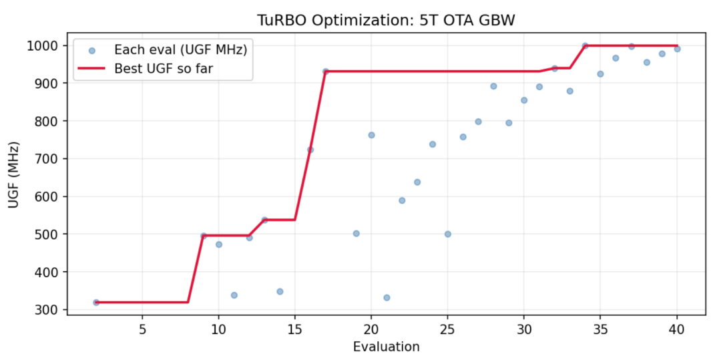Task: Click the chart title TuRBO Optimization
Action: coord(386,21)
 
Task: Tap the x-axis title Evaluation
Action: coord(387,347)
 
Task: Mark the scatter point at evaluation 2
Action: coord(96,303)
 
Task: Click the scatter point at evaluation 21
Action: coord(387,298)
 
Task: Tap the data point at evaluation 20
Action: coord(371,135)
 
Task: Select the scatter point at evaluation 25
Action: coord(448,234)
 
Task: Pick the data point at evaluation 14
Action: coord(280,291)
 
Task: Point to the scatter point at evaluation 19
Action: coord(356,234)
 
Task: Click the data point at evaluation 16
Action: coord(310,150)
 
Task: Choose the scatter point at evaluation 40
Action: coord(677,49)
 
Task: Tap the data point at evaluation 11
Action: coord(234,295)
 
